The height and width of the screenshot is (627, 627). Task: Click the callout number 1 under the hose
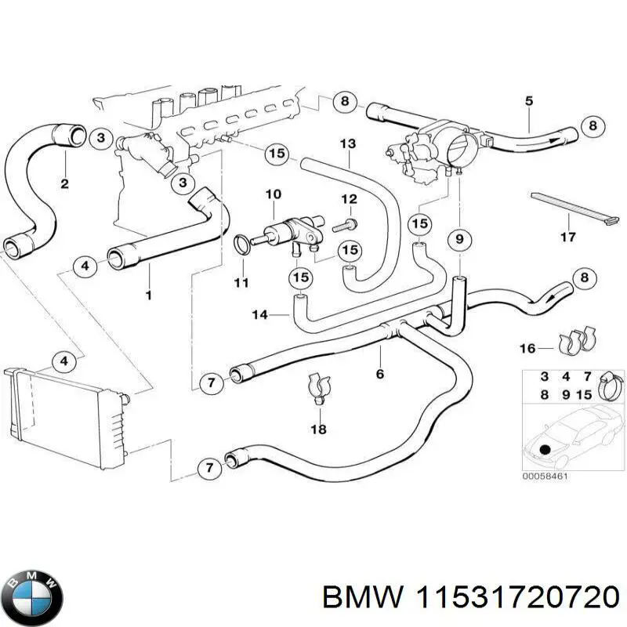coord(148,295)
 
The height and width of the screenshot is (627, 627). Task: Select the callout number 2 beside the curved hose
coord(64,184)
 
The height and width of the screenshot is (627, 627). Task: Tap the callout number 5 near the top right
coord(528,100)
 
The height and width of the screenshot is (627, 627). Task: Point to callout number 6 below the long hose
coord(380,375)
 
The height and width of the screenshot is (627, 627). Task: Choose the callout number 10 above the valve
coord(273,194)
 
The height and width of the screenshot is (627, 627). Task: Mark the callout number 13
coord(348,143)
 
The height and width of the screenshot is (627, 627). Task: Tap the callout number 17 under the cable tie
coord(568,237)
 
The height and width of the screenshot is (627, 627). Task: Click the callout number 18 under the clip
coord(318,429)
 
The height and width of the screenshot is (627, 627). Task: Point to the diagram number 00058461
coord(545,475)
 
